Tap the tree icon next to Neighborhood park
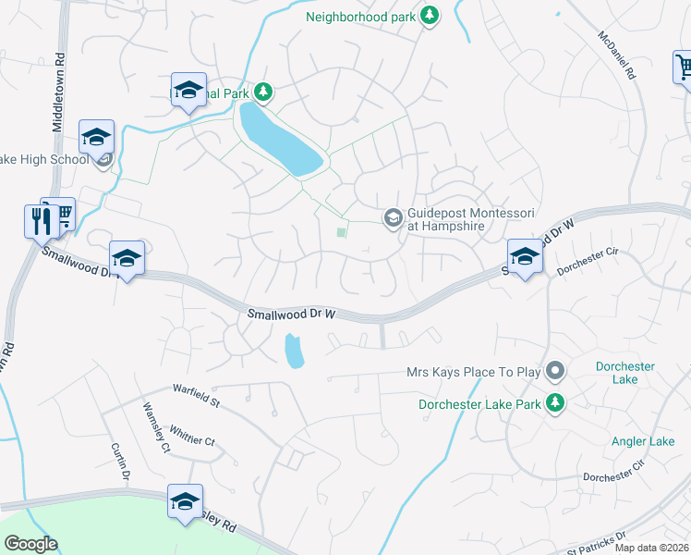coord(429,15)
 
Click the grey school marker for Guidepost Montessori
coord(392,217)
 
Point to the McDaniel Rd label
coord(618,55)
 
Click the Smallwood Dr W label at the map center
coord(290,314)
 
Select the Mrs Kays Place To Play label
coord(473,372)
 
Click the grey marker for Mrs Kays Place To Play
coord(554,372)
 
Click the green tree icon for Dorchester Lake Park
coord(554,402)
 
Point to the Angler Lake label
coord(643,441)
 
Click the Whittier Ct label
coord(192,434)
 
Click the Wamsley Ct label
coord(154,427)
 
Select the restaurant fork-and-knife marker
coord(40,221)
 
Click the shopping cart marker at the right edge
coord(684,68)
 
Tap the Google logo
coord(30,544)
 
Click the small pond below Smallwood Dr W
coord(295,351)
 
